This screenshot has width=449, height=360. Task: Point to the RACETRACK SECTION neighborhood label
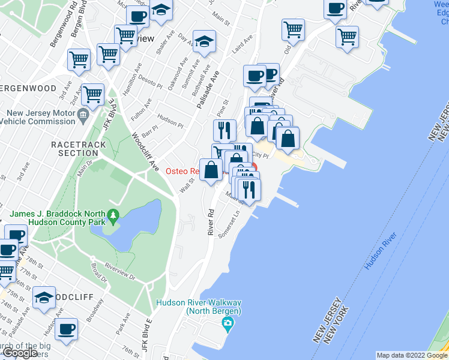point(78,149)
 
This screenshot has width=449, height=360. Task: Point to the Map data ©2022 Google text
point(412,355)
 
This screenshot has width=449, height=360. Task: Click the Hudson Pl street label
point(170,122)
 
